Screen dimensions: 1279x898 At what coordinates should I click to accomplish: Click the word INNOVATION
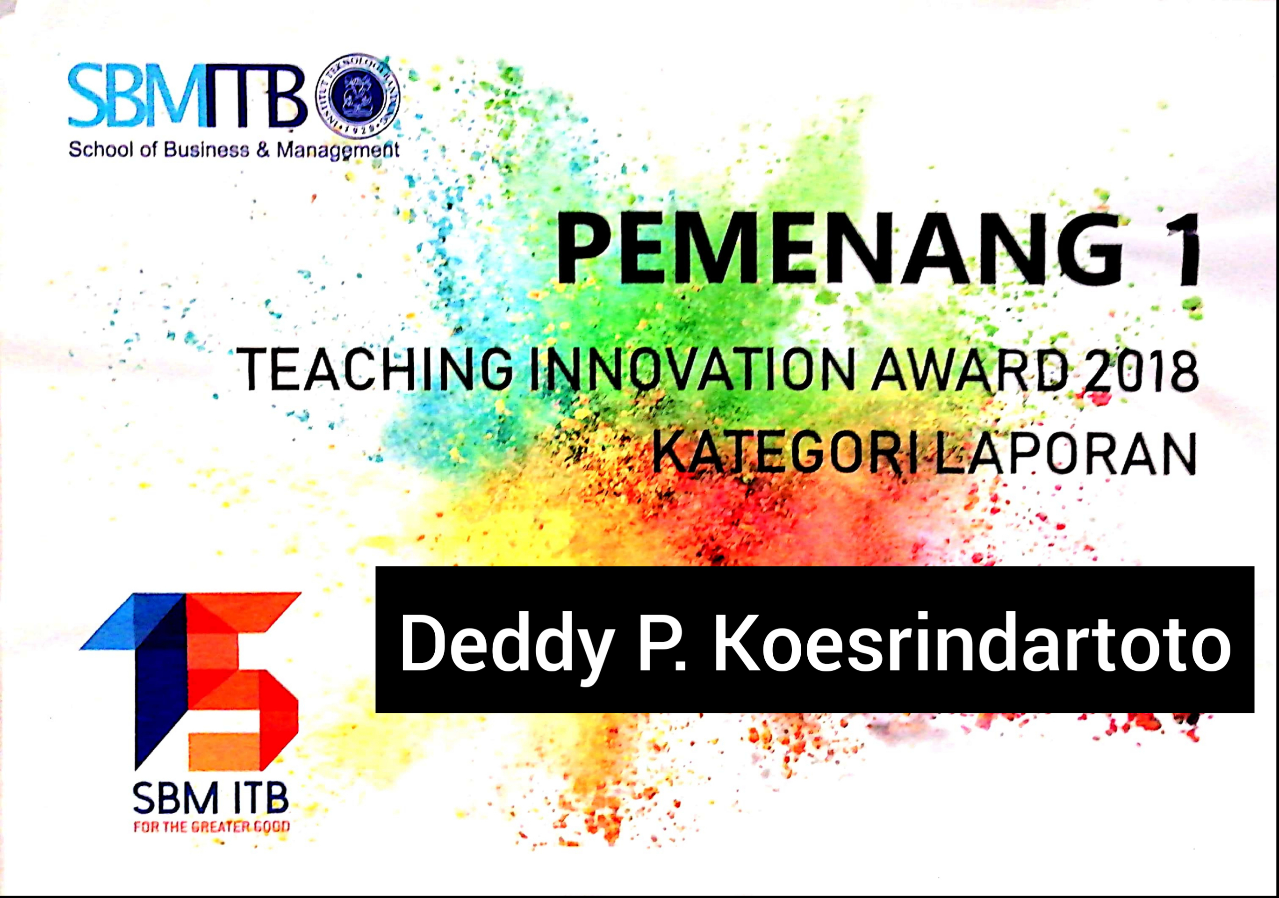pos(691,369)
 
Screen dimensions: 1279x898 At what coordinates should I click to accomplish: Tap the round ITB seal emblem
pos(358,95)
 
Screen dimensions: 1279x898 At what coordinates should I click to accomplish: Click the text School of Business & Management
pos(234,150)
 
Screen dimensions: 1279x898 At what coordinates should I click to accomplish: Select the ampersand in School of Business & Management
pos(262,149)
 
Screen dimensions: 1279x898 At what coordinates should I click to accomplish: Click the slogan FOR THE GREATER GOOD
pos(212,826)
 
